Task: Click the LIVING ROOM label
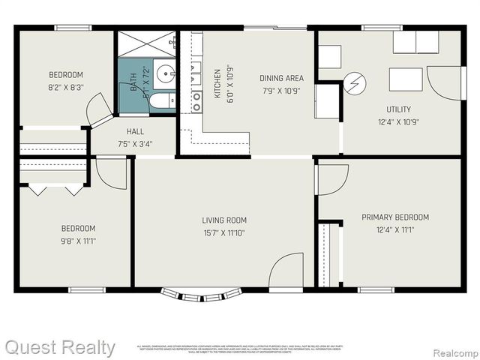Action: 223,220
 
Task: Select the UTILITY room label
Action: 398,109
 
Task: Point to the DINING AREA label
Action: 281,78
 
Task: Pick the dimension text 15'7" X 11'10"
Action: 223,233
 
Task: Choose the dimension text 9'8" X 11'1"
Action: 78,241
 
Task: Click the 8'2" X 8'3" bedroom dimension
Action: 66,87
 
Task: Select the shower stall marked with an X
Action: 146,43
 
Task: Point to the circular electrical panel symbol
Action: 354,82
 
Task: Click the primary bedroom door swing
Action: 332,180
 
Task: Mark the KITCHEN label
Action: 217,84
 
